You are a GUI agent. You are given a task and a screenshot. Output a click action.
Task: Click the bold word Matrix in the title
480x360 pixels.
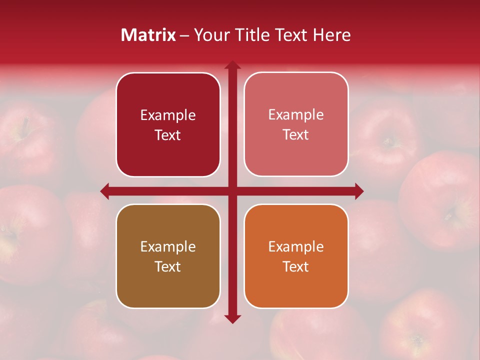tap(148, 35)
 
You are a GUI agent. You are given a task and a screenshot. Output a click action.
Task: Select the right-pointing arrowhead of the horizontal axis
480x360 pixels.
tap(358, 191)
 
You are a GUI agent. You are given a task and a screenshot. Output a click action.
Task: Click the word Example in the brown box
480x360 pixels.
tap(168, 246)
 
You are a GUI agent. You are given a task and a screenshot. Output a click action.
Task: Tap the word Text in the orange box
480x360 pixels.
tap(296, 266)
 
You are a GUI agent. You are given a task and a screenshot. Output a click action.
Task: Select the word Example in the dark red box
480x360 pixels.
tap(168, 115)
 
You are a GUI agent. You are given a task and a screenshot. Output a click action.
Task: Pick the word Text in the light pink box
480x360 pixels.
tap(296, 135)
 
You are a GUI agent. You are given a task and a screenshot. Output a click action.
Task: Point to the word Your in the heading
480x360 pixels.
tap(210, 35)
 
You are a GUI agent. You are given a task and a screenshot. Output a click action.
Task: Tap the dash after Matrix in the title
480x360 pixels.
tap(184, 35)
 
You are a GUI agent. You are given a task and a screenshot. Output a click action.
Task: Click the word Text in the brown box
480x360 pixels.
tap(168, 266)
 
